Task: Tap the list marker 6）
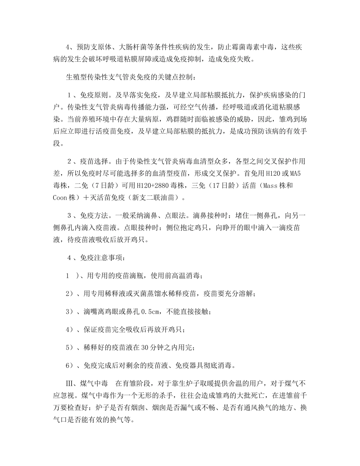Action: (69, 365)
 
